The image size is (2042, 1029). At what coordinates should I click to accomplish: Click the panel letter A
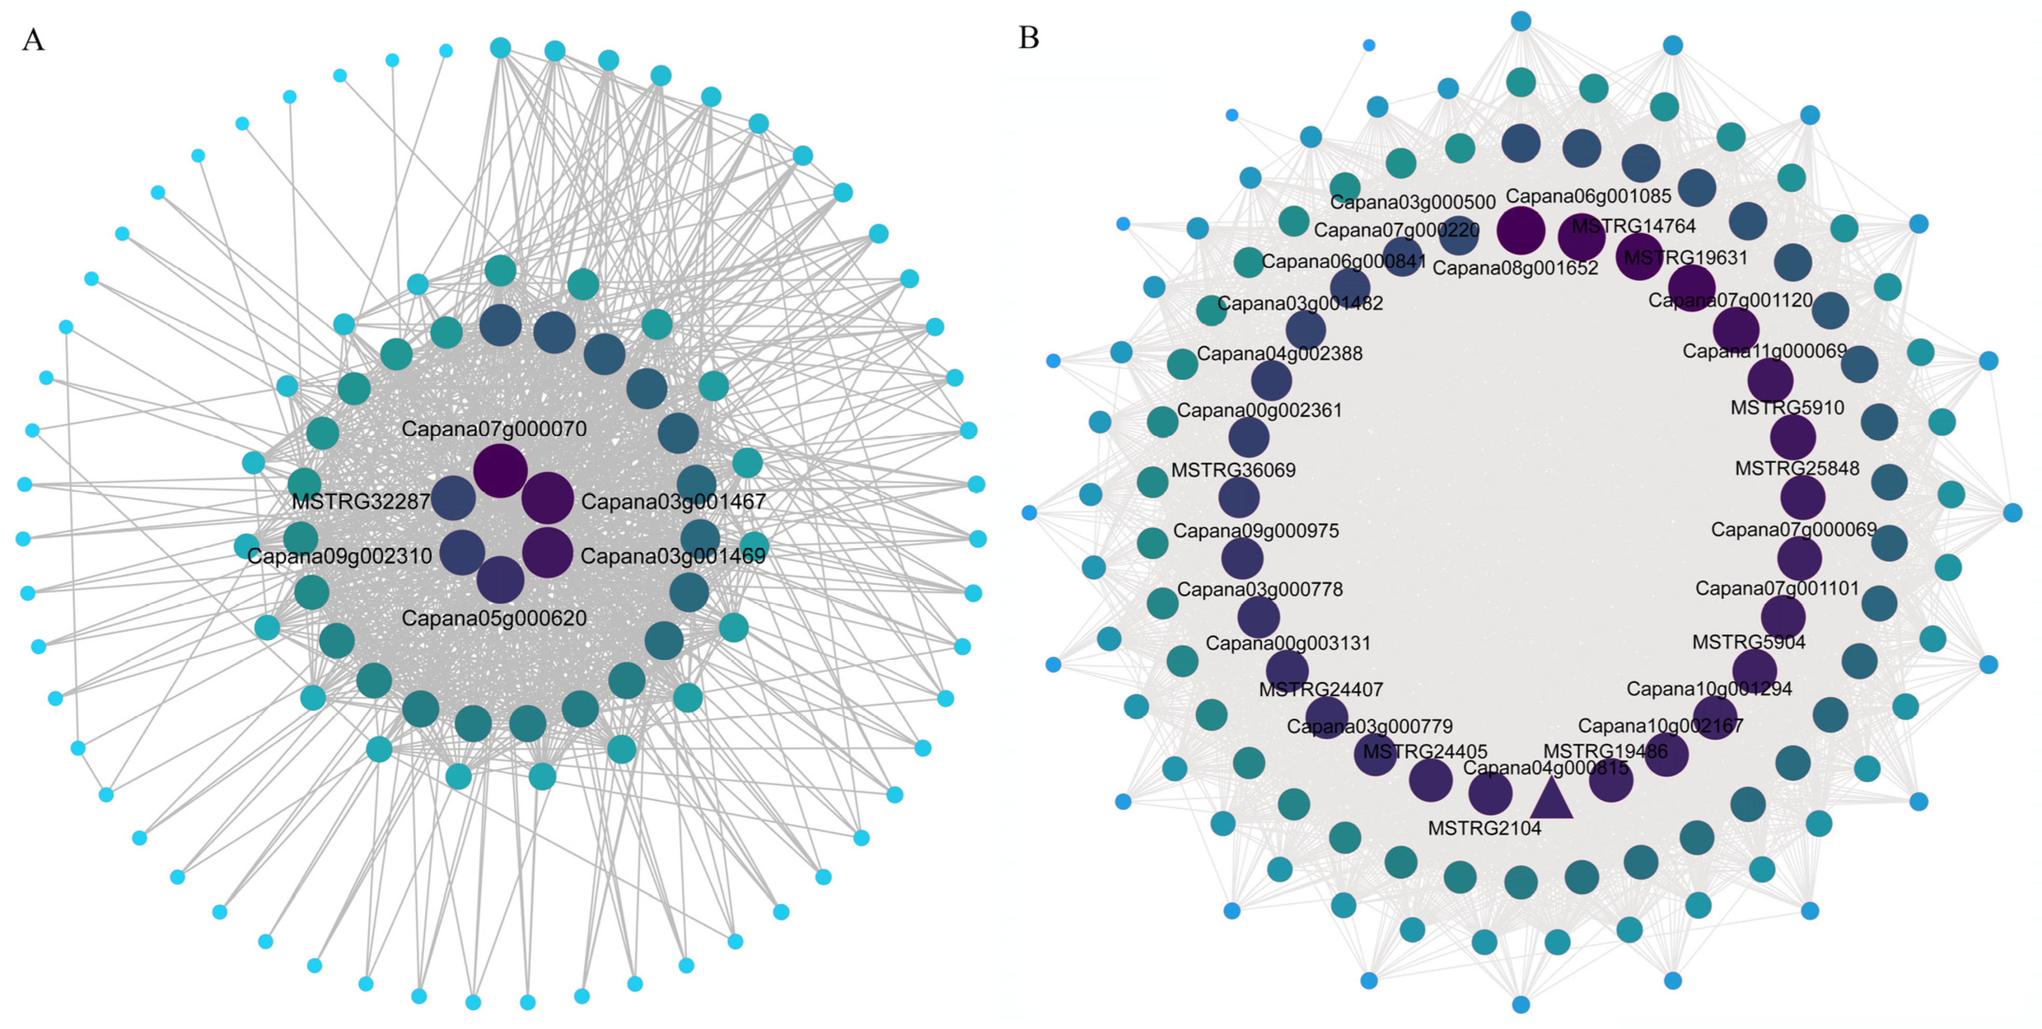pyautogui.click(x=33, y=39)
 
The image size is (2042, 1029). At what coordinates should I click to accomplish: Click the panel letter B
pyautogui.click(x=1028, y=37)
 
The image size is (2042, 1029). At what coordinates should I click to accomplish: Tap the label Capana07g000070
pyautogui.click(x=494, y=429)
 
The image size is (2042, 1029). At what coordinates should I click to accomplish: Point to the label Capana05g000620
pyautogui.click(x=494, y=618)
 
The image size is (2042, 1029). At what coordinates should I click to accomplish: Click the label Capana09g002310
pyautogui.click(x=339, y=555)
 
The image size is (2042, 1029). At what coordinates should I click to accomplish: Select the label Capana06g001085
pyautogui.click(x=1588, y=196)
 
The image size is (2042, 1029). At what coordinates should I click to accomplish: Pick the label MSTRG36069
pyautogui.click(x=1233, y=470)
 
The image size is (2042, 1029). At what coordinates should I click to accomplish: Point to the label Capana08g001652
pyautogui.click(x=1515, y=268)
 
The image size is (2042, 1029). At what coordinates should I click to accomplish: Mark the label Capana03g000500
pyautogui.click(x=1412, y=202)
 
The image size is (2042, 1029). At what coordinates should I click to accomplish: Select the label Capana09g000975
pyautogui.click(x=1255, y=531)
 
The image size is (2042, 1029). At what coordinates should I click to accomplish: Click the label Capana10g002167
pyautogui.click(x=1660, y=726)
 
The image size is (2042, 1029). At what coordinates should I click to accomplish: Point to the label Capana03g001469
pyautogui.click(x=673, y=555)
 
